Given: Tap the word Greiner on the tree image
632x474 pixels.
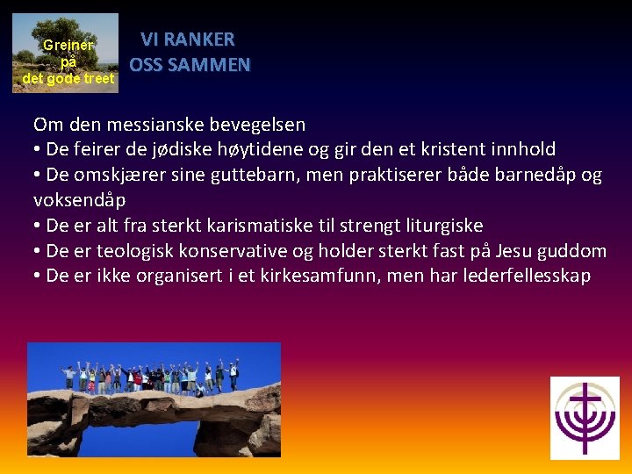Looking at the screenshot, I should click(68, 44).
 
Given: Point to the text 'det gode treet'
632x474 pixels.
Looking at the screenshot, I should click(68, 78).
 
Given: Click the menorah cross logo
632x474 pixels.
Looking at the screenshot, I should click(585, 418).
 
